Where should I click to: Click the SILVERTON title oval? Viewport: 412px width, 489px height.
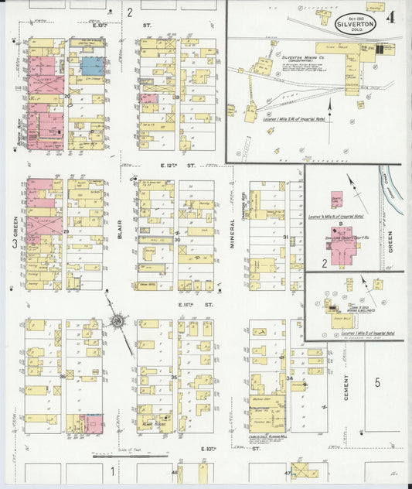coord(356,22)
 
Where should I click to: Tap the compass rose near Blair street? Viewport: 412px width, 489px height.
coord(118,320)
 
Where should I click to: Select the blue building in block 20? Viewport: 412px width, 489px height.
coord(93,66)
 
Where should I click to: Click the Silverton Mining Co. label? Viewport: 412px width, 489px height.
coord(303,56)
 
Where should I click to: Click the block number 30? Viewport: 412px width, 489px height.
coord(177,240)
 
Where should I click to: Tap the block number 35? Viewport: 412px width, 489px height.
coord(174,378)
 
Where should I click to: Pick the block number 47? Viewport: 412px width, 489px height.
coord(288,472)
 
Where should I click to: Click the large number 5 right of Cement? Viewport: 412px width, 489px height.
coord(378,382)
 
